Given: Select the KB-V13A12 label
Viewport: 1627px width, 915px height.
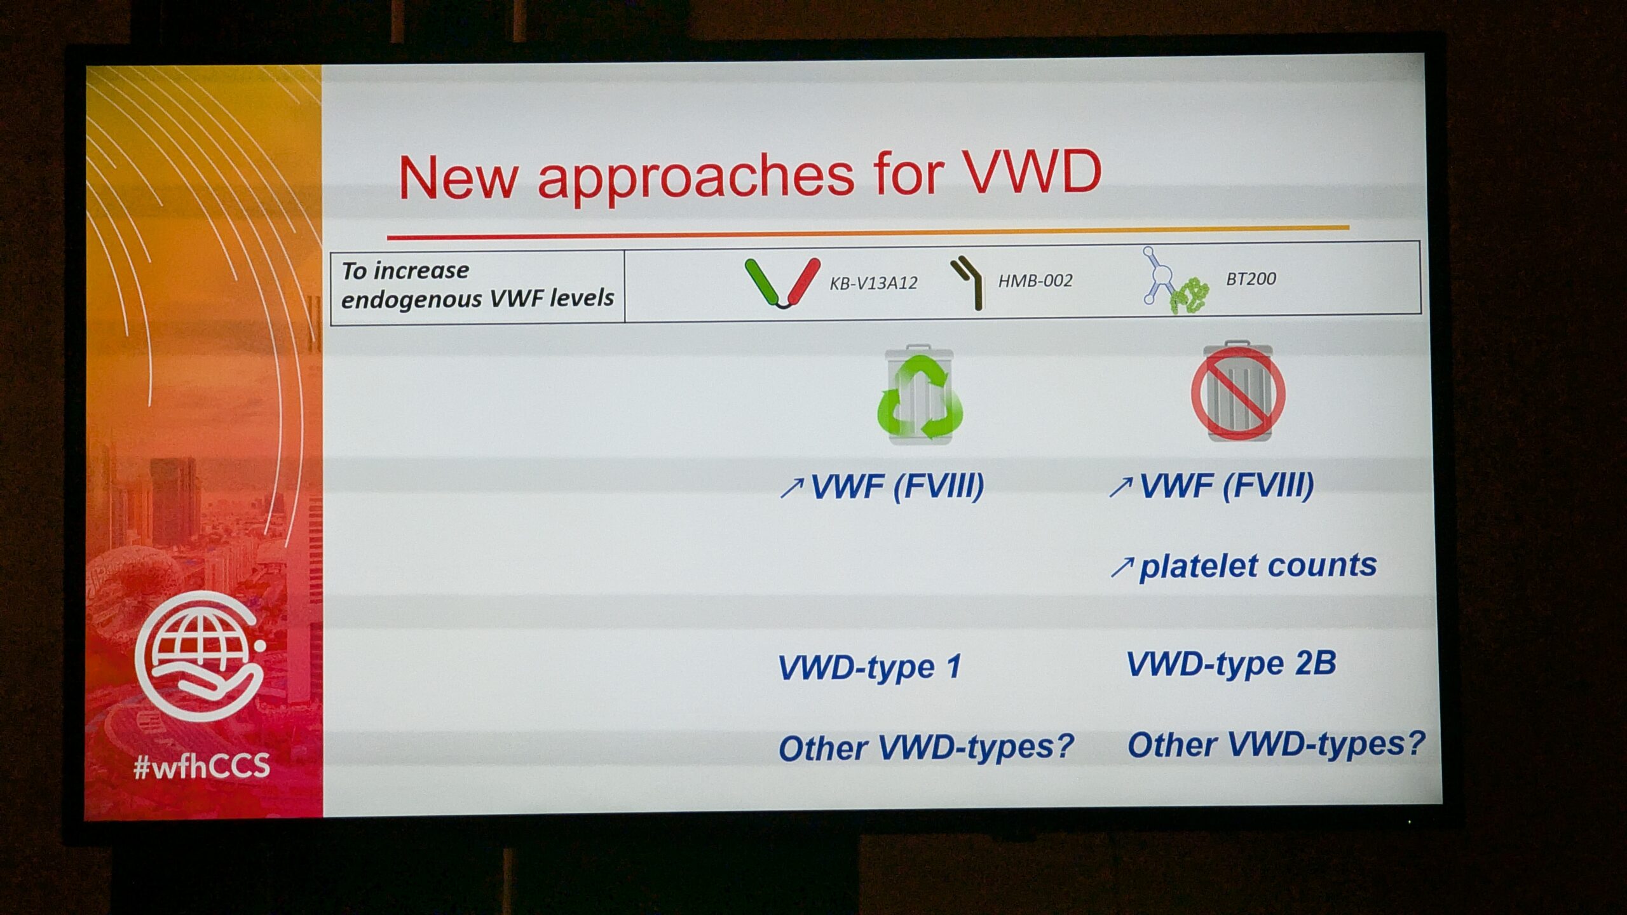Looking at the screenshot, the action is (x=873, y=283).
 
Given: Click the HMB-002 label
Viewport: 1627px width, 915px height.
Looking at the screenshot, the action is (x=1035, y=281).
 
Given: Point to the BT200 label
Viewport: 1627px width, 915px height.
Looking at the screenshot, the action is (x=1251, y=279).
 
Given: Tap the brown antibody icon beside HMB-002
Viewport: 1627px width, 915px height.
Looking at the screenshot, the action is (x=968, y=283).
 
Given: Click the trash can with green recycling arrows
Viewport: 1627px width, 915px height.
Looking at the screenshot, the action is (x=920, y=395).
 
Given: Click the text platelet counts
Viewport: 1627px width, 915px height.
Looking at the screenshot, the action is (x=1258, y=566).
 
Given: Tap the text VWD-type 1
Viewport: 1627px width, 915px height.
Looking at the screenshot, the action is (x=869, y=667).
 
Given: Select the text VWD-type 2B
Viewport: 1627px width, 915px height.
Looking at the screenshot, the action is (x=1232, y=664).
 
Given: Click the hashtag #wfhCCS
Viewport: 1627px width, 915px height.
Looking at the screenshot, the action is (x=202, y=766).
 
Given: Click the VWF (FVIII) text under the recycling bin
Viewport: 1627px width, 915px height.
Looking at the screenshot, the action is (x=897, y=487).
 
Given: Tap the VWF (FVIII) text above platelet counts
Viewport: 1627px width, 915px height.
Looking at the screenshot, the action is (x=1227, y=486).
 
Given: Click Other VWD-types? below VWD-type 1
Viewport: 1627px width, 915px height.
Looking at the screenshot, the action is (x=926, y=747).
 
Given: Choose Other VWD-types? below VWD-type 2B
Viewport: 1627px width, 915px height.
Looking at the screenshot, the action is (x=1276, y=743).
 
